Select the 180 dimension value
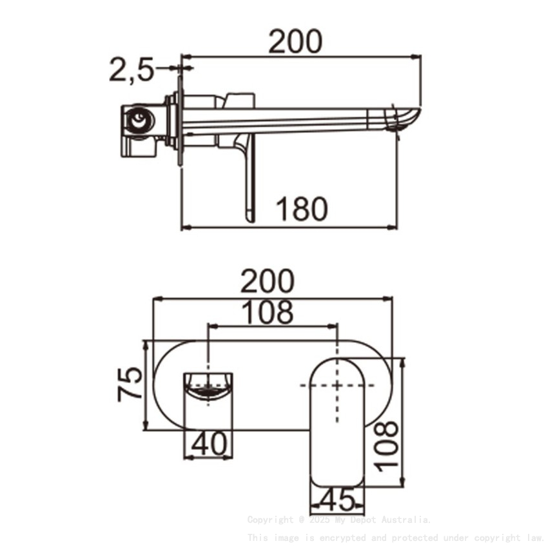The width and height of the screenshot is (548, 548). [302, 209]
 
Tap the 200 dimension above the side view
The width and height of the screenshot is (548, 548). [295, 42]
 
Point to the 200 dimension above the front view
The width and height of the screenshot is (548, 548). [267, 282]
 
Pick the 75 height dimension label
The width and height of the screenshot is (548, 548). [130, 384]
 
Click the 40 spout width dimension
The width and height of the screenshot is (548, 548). [209, 444]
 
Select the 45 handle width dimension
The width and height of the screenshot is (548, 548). [337, 500]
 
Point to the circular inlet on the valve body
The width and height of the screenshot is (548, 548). [139, 120]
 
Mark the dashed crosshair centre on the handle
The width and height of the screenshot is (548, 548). [337, 385]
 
